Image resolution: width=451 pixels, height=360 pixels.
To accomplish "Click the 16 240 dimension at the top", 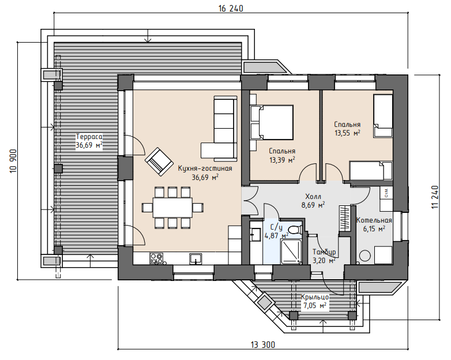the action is click(231, 9).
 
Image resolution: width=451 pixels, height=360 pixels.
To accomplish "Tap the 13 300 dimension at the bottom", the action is click(263, 344).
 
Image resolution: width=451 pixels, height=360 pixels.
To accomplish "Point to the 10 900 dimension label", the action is click(13, 161).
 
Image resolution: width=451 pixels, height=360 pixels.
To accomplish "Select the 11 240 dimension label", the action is click(435, 197).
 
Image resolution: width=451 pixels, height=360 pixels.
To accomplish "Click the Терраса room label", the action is click(89, 136).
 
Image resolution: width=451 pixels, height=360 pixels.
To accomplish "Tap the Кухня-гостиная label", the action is click(205, 168).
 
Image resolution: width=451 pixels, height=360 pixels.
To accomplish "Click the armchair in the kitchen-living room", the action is click(159, 162).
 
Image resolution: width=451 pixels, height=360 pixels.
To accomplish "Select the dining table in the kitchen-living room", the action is click(172, 208).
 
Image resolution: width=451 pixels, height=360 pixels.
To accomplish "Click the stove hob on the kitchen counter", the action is click(156, 258).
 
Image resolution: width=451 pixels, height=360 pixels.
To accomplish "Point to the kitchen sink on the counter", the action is click(196, 258).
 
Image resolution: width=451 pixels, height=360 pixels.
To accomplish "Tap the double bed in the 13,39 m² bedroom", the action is click(272, 123).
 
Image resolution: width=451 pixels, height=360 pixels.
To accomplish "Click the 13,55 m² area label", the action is click(347, 133).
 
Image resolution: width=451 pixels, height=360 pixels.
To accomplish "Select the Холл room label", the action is click(313, 197).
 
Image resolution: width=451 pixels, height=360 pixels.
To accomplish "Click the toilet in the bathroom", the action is click(295, 230).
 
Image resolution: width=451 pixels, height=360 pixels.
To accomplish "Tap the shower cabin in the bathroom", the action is click(291, 252).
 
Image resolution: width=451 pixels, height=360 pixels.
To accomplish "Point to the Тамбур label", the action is click(324, 252).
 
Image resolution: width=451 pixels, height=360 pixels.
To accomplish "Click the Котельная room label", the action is click(374, 220).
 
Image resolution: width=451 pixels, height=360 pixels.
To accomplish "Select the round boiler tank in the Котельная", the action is click(365, 256).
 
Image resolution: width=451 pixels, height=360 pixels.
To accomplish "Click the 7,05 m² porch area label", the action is click(315, 305).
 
